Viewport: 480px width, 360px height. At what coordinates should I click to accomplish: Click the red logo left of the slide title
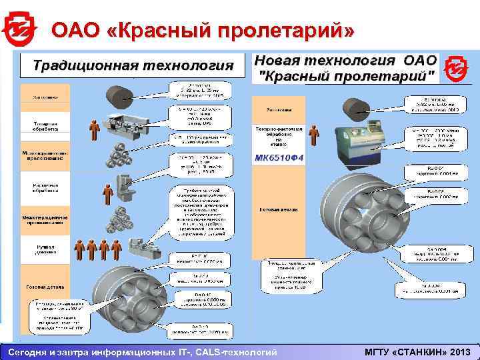pyautogui.click(x=17, y=28)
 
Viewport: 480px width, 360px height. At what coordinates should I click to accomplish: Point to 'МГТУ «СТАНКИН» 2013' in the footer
pyautogui.click(x=417, y=351)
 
